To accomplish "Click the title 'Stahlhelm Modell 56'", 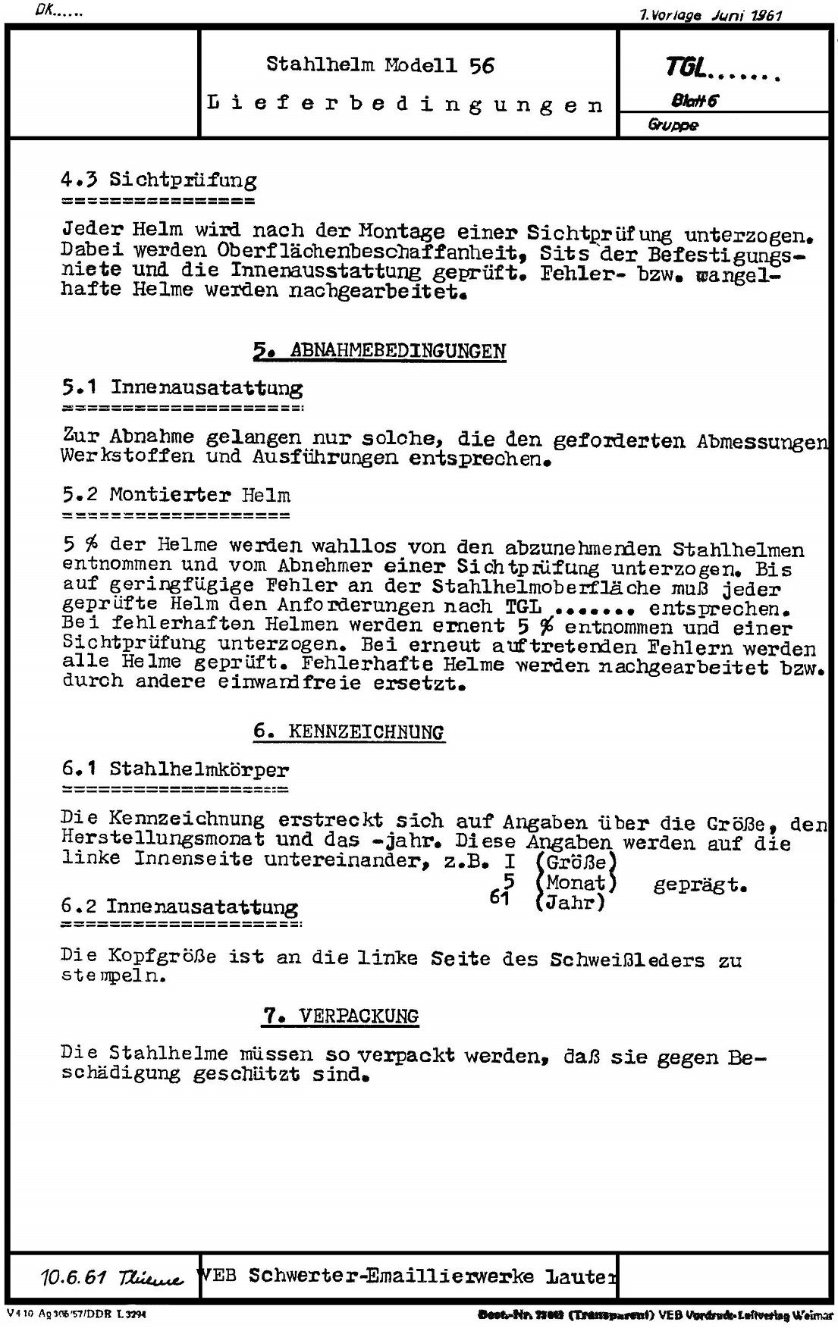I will (380, 65).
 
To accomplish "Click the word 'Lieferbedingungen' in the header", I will (405, 105).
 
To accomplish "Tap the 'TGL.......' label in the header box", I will (721, 70).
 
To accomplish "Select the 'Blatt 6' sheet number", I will (693, 102).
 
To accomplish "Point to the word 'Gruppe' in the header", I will (673, 125).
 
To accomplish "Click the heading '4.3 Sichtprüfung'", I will (158, 180).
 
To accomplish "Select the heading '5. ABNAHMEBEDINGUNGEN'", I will (379, 351).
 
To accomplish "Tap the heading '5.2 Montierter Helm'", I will (176, 496).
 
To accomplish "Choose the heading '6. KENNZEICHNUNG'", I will (348, 732).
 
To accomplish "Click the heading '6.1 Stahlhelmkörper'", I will (175, 770).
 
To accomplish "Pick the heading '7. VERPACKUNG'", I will (340, 1016).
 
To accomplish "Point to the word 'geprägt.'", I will (700, 884).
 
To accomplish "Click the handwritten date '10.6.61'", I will (73, 1278).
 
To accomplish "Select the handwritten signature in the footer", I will (151, 1279).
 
